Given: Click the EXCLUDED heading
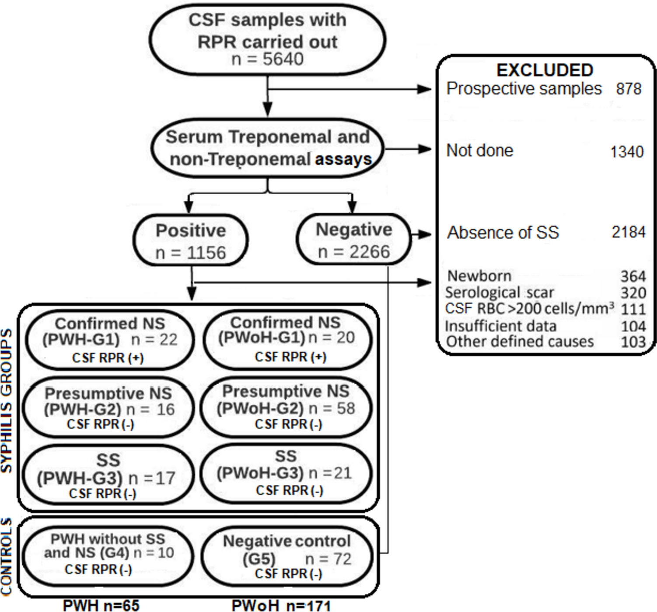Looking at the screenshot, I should pyautogui.click(x=545, y=70).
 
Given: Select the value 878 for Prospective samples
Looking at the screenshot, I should pyautogui.click(x=629, y=89).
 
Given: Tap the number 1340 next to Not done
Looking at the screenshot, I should pyautogui.click(x=627, y=152).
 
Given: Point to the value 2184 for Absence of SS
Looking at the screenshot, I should pyautogui.click(x=629, y=232).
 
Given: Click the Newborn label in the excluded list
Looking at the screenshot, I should pyautogui.click(x=479, y=276).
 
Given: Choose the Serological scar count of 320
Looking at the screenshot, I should pyautogui.click(x=633, y=292).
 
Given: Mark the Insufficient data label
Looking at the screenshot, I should pyautogui.click(x=500, y=326).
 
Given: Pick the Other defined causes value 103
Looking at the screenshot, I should pyautogui.click(x=633, y=342).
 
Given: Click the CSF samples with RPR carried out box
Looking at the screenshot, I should pyautogui.click(x=267, y=39).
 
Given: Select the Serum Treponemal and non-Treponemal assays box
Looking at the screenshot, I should pyautogui.click(x=267, y=149).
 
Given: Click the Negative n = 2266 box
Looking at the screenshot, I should pyautogui.click(x=354, y=240).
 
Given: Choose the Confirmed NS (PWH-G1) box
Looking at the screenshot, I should pyautogui.click(x=109, y=340).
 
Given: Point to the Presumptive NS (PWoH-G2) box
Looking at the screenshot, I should pyautogui.click(x=286, y=407).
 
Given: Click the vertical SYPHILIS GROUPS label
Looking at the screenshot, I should pyautogui.click(x=6, y=400).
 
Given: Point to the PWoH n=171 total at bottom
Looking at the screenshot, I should pyautogui.click(x=281, y=605).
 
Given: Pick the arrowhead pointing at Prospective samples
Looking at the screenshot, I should pyautogui.click(x=424, y=89).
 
